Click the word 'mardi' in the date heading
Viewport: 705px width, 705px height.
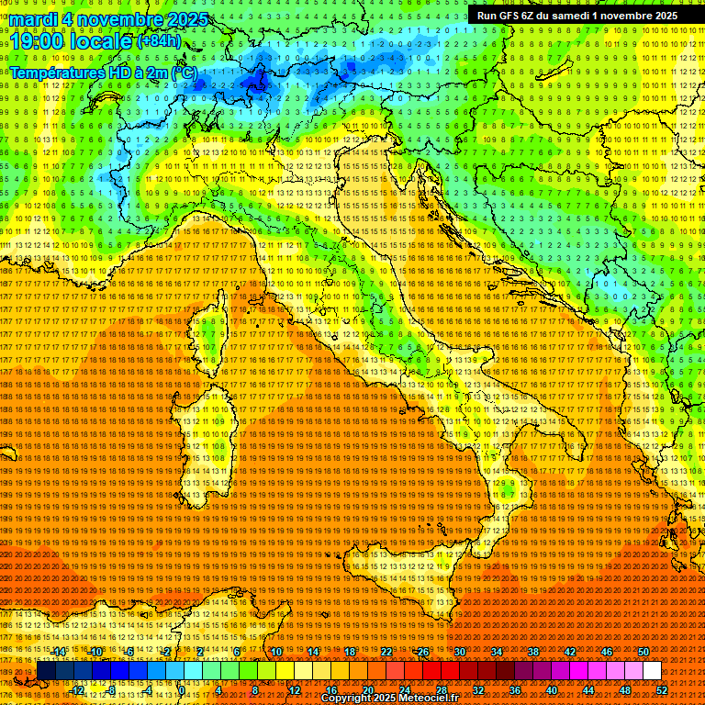click(x=33, y=18)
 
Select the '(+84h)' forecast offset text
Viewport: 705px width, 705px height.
click(x=159, y=41)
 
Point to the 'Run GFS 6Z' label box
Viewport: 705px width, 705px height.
click(x=577, y=16)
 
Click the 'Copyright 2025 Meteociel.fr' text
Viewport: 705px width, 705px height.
click(x=389, y=699)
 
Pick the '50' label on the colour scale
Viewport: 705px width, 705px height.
click(x=643, y=652)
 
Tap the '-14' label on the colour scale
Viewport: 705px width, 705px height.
click(x=60, y=652)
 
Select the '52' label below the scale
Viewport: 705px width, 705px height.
click(x=661, y=690)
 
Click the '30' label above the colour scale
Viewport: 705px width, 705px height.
click(x=460, y=652)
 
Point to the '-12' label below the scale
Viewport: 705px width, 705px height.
click(x=78, y=690)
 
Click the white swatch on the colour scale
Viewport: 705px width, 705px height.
click(x=652, y=671)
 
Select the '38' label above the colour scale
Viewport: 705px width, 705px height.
click(x=533, y=652)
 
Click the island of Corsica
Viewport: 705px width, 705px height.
click(x=211, y=335)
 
